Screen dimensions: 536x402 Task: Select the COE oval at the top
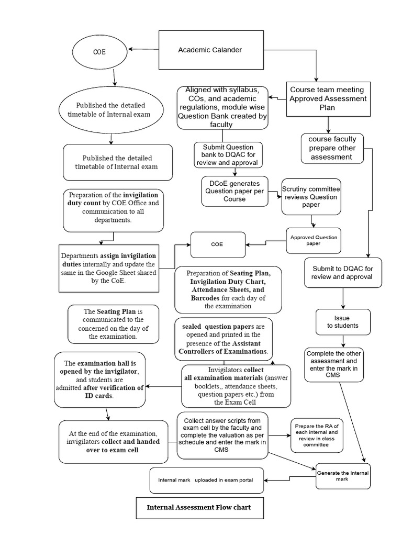tap(99, 52)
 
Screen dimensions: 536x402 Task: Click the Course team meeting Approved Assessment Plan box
tap(328, 99)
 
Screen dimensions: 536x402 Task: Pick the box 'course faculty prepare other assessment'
tap(332, 148)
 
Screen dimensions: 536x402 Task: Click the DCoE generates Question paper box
tap(234, 191)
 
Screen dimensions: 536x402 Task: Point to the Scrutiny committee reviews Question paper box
tap(311, 197)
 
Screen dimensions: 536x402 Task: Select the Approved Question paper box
tap(314, 240)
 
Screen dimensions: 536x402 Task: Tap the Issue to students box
tap(343, 321)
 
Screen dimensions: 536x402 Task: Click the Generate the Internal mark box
tap(343, 476)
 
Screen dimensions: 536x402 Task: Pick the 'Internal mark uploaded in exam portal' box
tap(207, 480)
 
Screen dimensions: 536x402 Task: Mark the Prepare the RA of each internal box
tap(316, 435)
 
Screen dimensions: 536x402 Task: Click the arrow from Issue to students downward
tap(343, 341)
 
